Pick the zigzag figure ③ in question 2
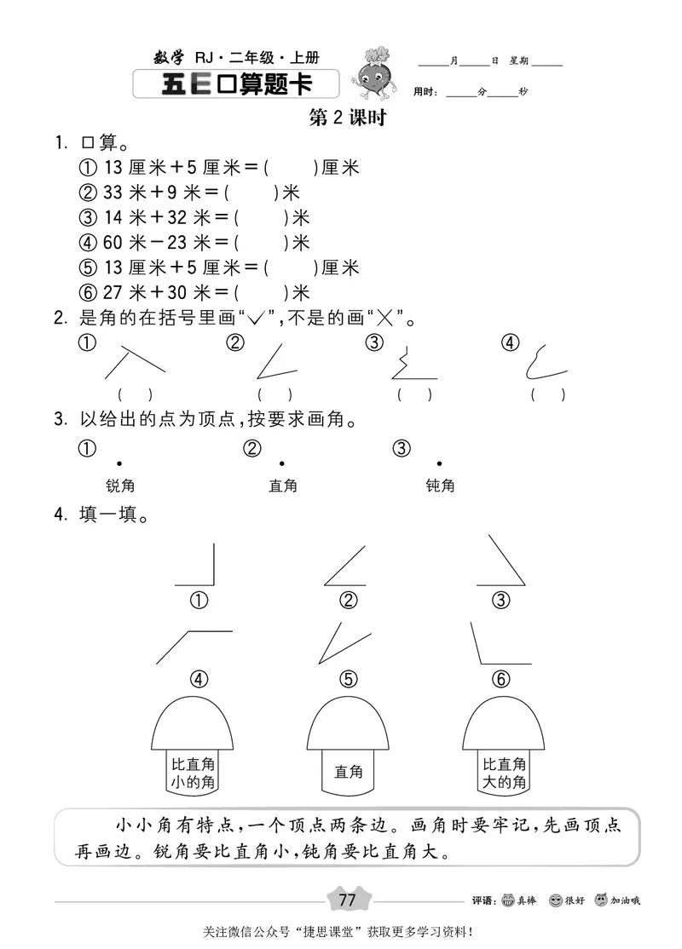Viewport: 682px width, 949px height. point(410,365)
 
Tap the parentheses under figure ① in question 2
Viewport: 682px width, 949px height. point(135,394)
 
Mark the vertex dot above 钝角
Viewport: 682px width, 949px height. point(439,463)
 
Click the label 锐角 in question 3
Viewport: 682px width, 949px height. point(120,486)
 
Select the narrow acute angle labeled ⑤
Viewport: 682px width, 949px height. point(344,642)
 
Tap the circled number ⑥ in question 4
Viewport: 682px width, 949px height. point(501,679)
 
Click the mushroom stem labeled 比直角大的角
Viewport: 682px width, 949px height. point(503,773)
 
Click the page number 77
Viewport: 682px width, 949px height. point(347,900)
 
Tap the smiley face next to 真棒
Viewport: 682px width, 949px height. point(509,900)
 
